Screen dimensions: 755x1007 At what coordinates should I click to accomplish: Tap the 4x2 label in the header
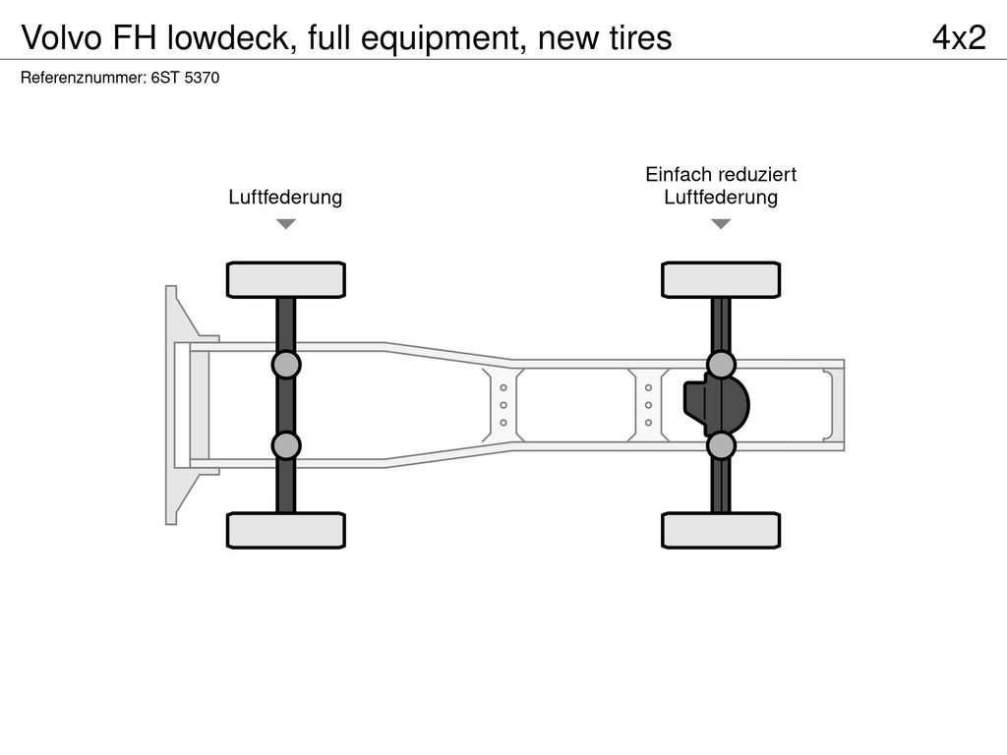pyautogui.click(x=958, y=37)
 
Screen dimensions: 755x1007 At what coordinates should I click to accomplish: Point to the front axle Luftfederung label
pyautogui.click(x=285, y=198)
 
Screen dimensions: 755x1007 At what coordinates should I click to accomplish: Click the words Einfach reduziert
pyautogui.click(x=721, y=175)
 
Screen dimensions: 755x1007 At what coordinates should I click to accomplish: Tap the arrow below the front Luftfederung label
pyautogui.click(x=285, y=224)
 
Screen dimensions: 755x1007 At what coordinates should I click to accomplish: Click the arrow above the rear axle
pyautogui.click(x=721, y=224)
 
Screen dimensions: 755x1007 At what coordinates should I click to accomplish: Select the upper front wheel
pyautogui.click(x=285, y=279)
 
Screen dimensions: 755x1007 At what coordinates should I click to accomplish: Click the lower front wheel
pyautogui.click(x=285, y=531)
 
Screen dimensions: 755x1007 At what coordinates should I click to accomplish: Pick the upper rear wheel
pyautogui.click(x=721, y=279)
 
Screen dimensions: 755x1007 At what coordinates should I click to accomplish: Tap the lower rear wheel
pyautogui.click(x=721, y=531)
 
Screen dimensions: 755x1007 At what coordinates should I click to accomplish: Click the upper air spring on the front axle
pyautogui.click(x=285, y=365)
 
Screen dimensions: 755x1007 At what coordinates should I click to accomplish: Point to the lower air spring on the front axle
pyautogui.click(x=285, y=445)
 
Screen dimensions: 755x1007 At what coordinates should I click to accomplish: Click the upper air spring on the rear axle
pyautogui.click(x=721, y=365)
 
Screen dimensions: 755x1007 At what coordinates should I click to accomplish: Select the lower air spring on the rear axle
pyautogui.click(x=721, y=445)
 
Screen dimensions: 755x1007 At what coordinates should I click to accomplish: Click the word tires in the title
pyautogui.click(x=638, y=37)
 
